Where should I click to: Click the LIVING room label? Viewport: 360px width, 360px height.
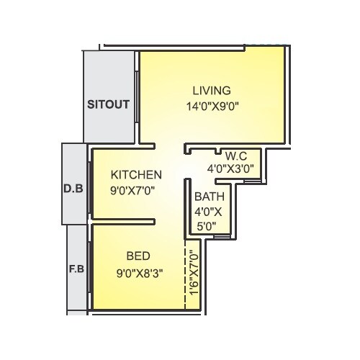[x=211, y=91]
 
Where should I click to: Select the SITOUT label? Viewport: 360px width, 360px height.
[x=108, y=104]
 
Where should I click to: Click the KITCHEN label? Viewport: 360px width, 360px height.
[x=136, y=175]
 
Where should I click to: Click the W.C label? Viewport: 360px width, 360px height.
[x=237, y=156]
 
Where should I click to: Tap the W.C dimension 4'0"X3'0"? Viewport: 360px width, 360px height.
[x=230, y=169]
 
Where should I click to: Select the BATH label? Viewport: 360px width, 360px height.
[x=210, y=196]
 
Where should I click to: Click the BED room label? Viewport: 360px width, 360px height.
[x=138, y=256]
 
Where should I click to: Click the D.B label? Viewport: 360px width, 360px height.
[x=74, y=190]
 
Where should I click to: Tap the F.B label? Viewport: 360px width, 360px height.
[x=76, y=271]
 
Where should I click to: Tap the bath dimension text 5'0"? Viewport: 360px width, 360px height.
[x=206, y=225]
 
